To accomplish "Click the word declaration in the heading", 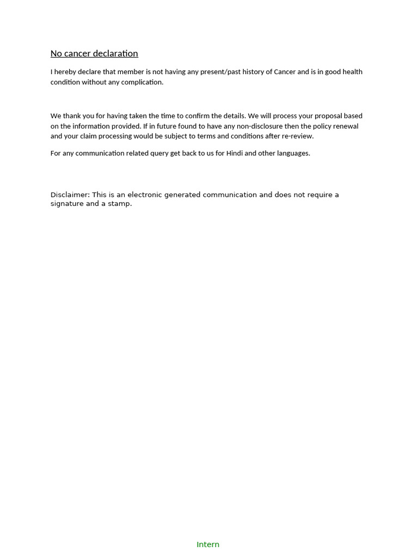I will pyautogui.click(x=115, y=53).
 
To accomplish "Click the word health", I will pyautogui.click(x=352, y=72).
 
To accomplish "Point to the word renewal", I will pyautogui.click(x=345, y=126).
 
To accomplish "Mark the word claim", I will pyautogui.click(x=88, y=136).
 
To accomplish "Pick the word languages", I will pyautogui.click(x=293, y=153).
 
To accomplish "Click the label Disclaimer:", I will pyautogui.click(x=70, y=195).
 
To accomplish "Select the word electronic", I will pyautogui.click(x=148, y=195).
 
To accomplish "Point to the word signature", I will pyautogui.click(x=67, y=204).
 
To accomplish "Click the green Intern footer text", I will pyautogui.click(x=208, y=544).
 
